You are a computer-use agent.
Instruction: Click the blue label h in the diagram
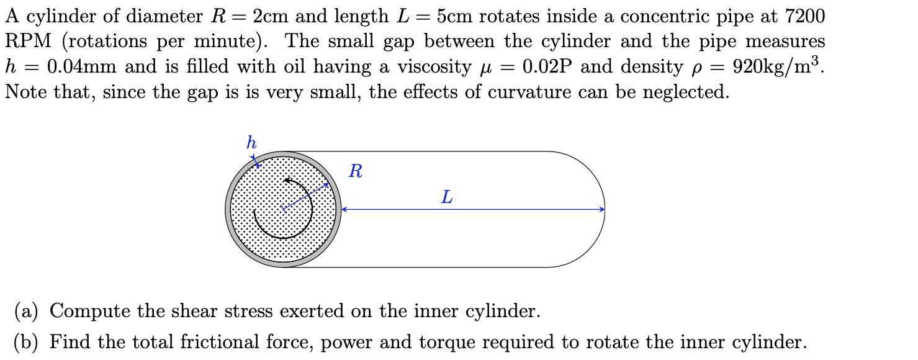251,143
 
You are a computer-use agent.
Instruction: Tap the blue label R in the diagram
356,171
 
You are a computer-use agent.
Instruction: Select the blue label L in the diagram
447,198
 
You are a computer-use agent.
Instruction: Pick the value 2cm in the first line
272,16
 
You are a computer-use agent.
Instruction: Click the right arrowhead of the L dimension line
601,210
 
